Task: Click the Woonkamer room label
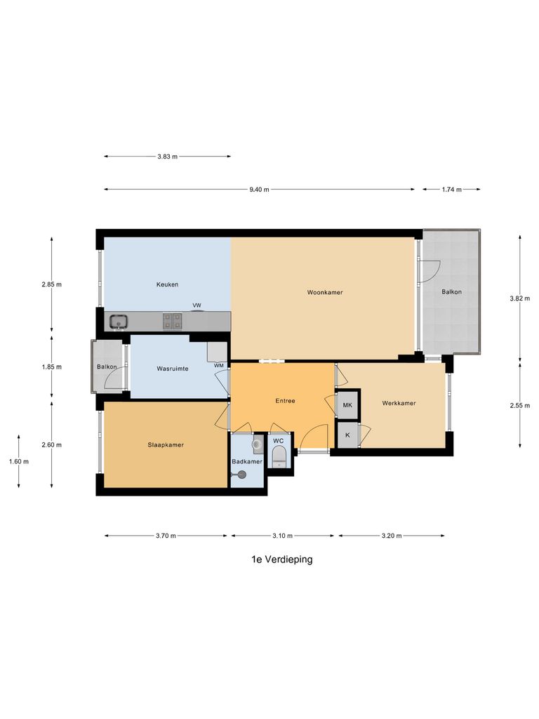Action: click(325, 292)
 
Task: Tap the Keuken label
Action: click(167, 284)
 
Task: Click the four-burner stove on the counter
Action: click(173, 321)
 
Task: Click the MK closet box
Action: click(348, 405)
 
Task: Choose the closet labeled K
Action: click(348, 435)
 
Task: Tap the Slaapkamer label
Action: click(166, 444)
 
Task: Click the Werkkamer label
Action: click(399, 403)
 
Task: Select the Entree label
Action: click(285, 401)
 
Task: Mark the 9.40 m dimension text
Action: click(259, 190)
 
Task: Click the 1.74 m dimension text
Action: click(451, 190)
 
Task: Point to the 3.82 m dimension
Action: click(520, 298)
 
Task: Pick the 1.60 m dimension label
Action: click(19, 462)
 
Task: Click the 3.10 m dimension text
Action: click(282, 536)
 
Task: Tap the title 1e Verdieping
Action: click(282, 560)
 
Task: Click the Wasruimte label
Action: click(173, 369)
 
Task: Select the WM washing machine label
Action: click(219, 365)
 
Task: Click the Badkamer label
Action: click(247, 462)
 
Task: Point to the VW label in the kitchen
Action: click(197, 305)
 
